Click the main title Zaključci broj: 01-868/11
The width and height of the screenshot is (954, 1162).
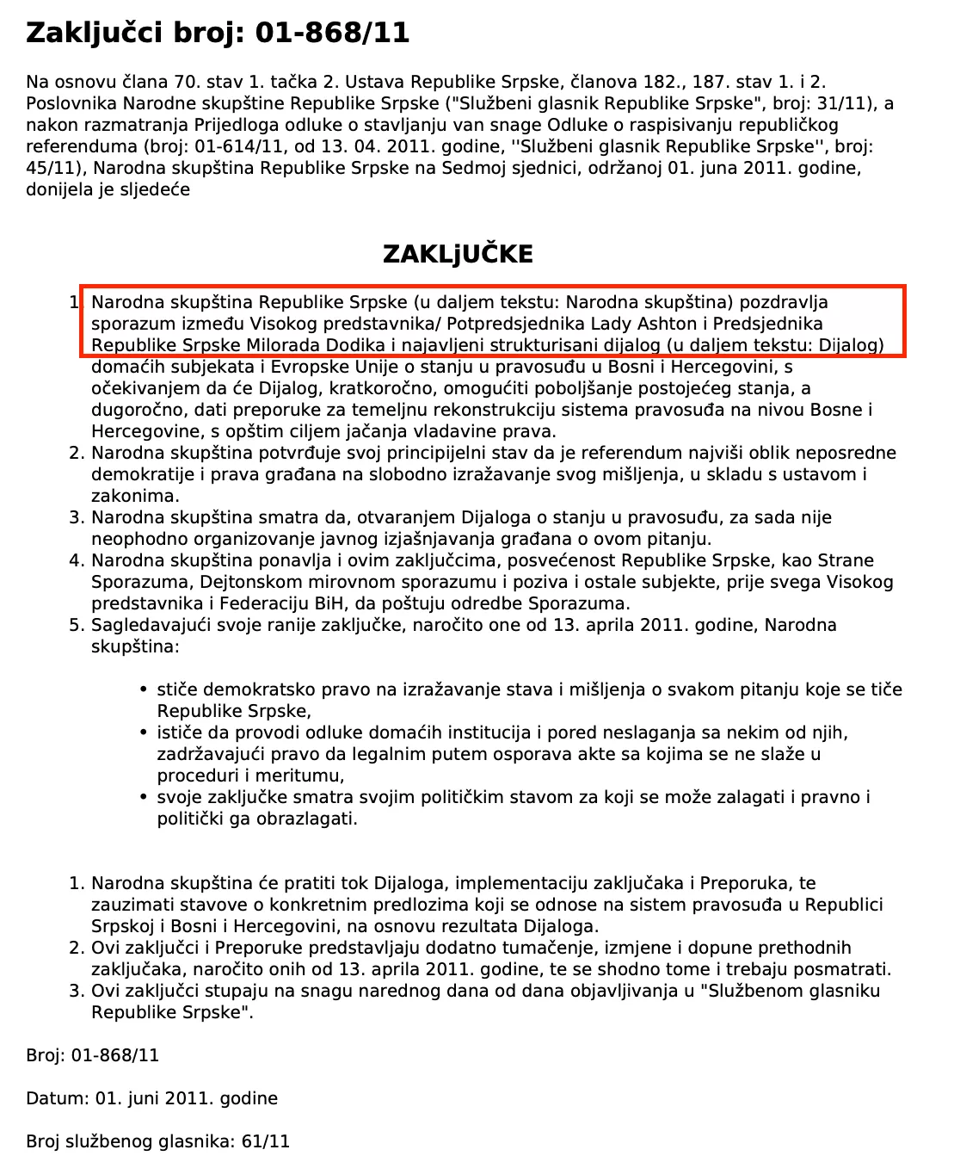tap(218, 33)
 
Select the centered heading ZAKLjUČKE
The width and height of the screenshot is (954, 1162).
tap(458, 254)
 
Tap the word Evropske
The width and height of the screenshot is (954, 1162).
tap(299, 367)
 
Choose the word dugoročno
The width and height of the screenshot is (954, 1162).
tap(132, 410)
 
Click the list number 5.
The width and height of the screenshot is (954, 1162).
tap(75, 625)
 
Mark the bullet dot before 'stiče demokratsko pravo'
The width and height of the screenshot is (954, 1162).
tap(143, 689)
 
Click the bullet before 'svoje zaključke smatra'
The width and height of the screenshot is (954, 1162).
tap(143, 797)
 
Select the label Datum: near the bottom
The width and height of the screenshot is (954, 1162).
tap(56, 1098)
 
